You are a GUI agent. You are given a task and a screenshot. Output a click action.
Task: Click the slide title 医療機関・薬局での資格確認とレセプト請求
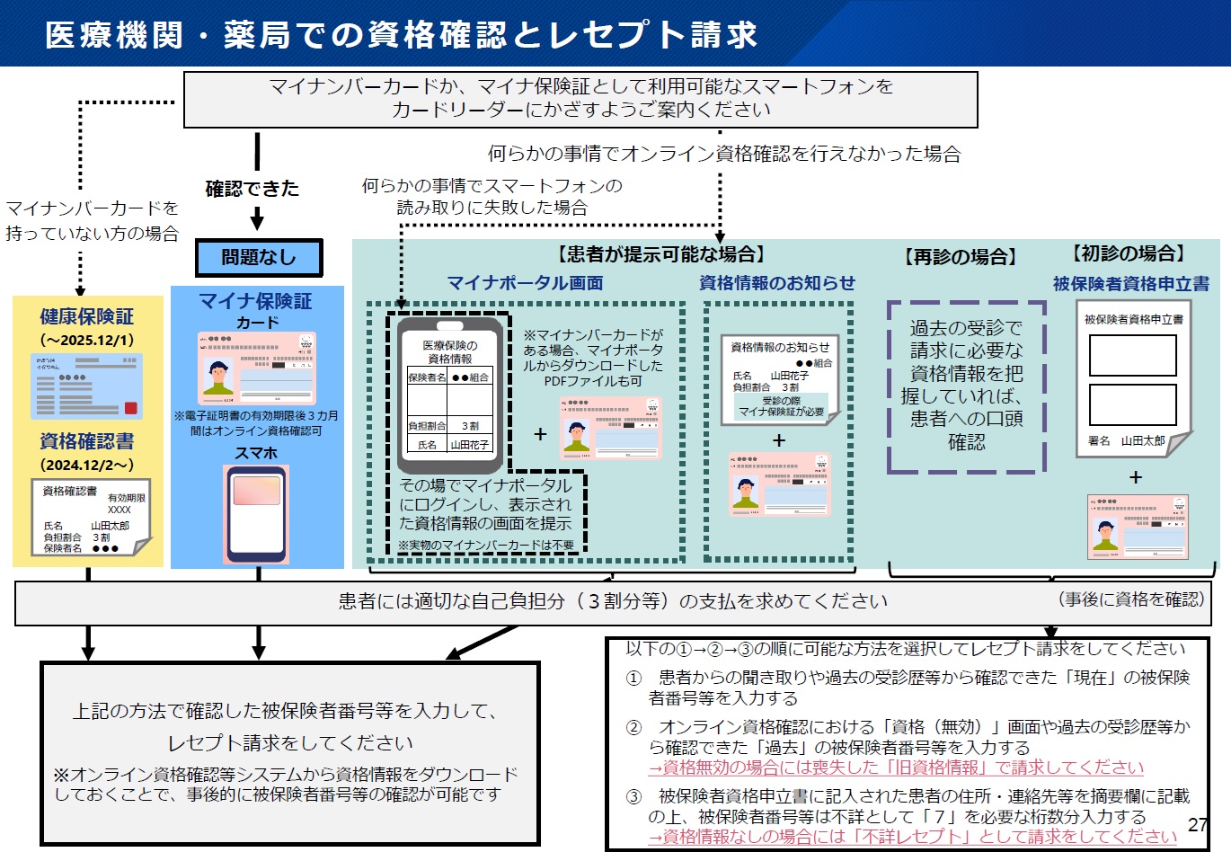click(x=401, y=34)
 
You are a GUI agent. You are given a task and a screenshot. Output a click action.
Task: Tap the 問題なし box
click(x=259, y=258)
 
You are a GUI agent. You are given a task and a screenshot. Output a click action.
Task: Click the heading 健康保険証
click(x=86, y=316)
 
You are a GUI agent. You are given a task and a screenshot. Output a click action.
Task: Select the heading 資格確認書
click(x=86, y=441)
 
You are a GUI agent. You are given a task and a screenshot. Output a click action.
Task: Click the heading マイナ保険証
click(x=256, y=301)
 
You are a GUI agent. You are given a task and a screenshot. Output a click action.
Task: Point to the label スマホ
click(x=256, y=453)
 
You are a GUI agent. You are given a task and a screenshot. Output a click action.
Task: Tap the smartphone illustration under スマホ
click(x=256, y=512)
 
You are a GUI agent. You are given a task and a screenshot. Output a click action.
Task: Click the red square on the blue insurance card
click(x=131, y=408)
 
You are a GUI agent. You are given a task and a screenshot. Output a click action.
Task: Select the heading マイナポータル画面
click(x=525, y=283)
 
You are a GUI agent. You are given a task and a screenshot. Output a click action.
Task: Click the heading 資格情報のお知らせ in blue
click(x=777, y=283)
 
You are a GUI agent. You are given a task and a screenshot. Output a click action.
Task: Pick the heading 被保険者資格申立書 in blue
click(x=1130, y=284)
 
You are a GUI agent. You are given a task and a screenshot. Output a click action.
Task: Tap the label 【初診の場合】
click(x=1129, y=254)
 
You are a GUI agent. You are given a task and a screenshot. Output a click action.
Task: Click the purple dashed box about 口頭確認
click(x=966, y=386)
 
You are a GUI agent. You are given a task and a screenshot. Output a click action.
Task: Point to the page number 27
click(x=1198, y=825)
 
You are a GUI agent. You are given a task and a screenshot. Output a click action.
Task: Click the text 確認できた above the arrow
click(x=252, y=189)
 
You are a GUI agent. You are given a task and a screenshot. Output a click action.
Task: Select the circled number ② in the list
click(x=633, y=727)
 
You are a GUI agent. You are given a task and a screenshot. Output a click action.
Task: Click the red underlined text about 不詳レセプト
click(x=912, y=836)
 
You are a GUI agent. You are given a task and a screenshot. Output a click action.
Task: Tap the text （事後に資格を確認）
click(x=1131, y=599)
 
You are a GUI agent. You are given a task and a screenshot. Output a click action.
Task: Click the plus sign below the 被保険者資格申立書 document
click(x=1136, y=477)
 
